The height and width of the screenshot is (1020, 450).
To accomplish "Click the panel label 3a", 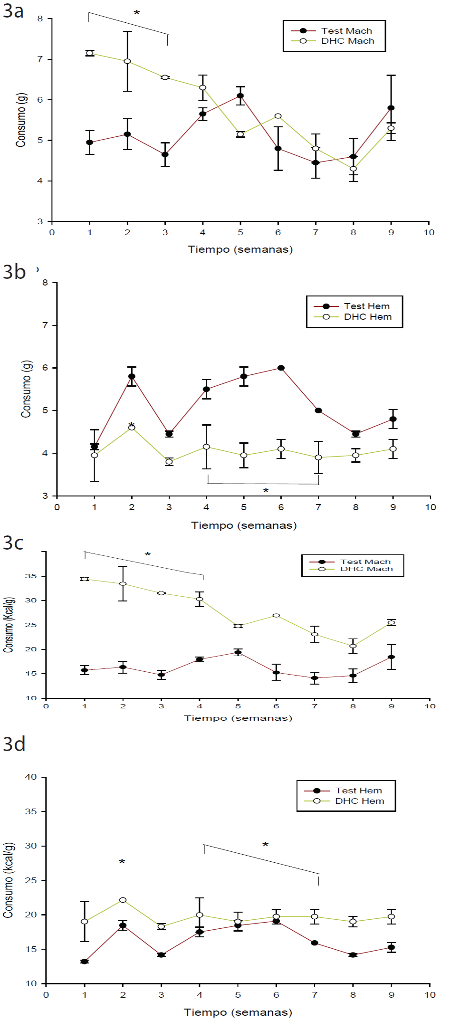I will pyautogui.click(x=13, y=11).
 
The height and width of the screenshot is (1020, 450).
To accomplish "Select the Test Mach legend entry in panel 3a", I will pyautogui.click(x=346, y=31).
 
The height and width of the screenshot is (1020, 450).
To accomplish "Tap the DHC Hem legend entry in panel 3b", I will pyautogui.click(x=367, y=317).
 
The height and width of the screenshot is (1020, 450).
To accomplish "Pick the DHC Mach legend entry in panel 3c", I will pyautogui.click(x=366, y=569).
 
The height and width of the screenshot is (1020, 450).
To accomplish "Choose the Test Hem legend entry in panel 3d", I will pyautogui.click(x=358, y=791).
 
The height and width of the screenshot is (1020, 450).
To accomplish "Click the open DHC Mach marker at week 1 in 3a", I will pyautogui.click(x=89, y=53).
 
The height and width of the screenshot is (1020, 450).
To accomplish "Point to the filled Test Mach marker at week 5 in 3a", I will pyautogui.click(x=240, y=96).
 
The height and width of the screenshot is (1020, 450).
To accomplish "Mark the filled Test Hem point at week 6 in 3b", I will pyautogui.click(x=281, y=368).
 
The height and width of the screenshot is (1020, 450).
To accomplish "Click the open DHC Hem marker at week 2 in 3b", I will pyautogui.click(x=132, y=428).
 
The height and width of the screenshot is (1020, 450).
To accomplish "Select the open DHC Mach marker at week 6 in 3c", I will pyautogui.click(x=276, y=616).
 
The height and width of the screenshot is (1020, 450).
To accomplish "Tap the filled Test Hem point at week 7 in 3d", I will pyautogui.click(x=315, y=943).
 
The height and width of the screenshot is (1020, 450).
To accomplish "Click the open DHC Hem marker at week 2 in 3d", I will pyautogui.click(x=123, y=900).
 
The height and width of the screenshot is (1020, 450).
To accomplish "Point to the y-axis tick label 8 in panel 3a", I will pyautogui.click(x=40, y=19).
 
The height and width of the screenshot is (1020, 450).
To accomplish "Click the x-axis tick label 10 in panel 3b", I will pyautogui.click(x=430, y=507).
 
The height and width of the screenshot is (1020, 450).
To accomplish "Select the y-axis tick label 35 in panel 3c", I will pyautogui.click(x=31, y=576).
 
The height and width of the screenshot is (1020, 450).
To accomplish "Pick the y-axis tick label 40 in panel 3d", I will pyautogui.click(x=31, y=777).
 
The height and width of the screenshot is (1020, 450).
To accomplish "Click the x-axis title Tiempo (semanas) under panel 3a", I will pyautogui.click(x=240, y=249).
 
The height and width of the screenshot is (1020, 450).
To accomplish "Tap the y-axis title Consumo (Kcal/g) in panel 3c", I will pyautogui.click(x=9, y=625).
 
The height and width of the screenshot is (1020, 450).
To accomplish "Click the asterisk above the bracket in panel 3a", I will pyautogui.click(x=137, y=13).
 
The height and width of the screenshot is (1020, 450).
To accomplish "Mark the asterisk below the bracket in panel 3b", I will pyautogui.click(x=266, y=491).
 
